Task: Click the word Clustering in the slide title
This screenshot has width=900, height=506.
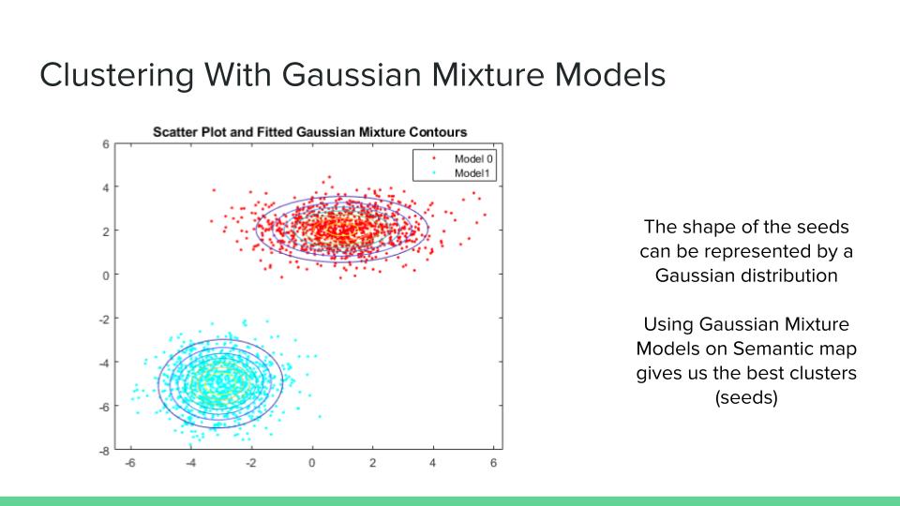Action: (x=116, y=76)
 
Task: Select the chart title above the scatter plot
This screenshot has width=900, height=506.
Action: (x=310, y=132)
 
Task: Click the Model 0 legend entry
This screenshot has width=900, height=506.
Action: (x=463, y=159)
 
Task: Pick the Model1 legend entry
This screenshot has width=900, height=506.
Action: (x=463, y=173)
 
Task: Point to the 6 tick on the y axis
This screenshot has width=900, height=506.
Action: (x=106, y=144)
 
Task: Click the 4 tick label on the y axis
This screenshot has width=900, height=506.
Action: (x=106, y=187)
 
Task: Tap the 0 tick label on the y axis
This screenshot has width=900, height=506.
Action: (x=106, y=275)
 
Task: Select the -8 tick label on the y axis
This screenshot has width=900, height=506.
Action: (x=104, y=451)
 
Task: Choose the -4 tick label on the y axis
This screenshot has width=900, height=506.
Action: (x=104, y=363)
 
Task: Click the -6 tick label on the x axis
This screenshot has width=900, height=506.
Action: (x=130, y=463)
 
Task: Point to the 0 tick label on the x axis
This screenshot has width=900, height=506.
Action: (x=311, y=463)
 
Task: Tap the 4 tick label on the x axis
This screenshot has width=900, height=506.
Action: (x=433, y=463)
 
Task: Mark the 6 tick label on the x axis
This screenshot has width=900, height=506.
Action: (x=493, y=463)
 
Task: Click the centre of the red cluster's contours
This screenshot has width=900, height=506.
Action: (x=342, y=229)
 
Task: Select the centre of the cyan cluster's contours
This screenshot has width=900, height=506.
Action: (x=220, y=383)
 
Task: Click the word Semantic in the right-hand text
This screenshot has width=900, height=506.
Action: (x=769, y=349)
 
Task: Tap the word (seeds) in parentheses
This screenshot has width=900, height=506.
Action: (x=746, y=397)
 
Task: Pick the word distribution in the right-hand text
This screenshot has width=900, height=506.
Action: (x=785, y=275)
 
